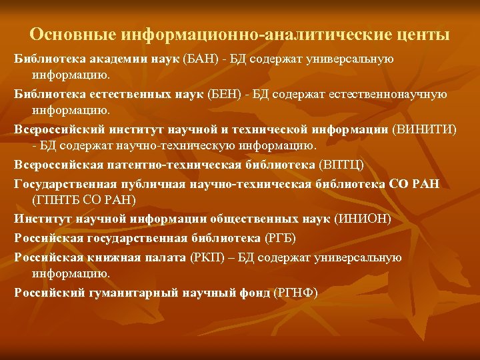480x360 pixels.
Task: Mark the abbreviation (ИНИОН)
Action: click(x=364, y=218)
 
